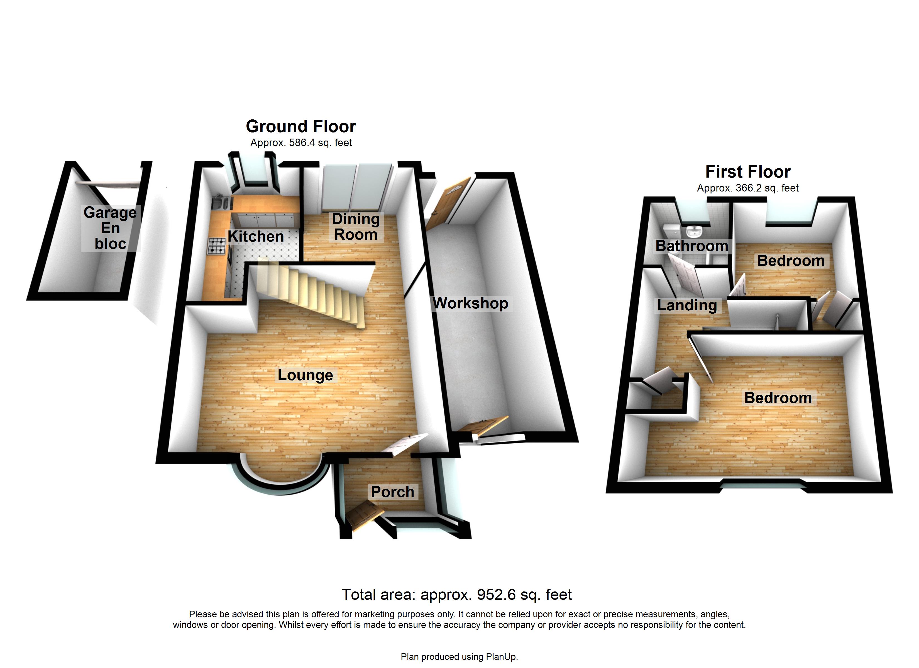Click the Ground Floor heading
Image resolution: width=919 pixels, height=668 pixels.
(x=301, y=126)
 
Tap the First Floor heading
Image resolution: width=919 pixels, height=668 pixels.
(x=748, y=172)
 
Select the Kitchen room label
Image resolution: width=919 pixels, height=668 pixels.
(x=256, y=236)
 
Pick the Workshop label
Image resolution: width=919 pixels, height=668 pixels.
(x=470, y=303)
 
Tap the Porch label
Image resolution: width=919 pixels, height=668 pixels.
(x=392, y=492)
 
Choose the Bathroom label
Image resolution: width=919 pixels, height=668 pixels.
(x=692, y=245)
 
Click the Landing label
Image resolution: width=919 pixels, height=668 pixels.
(x=687, y=305)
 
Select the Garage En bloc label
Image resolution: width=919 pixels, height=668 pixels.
(x=110, y=228)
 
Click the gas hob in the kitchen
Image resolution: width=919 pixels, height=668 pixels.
(x=216, y=246)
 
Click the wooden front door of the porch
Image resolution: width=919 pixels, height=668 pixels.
(x=365, y=515)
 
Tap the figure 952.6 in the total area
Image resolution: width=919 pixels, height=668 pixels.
(x=496, y=595)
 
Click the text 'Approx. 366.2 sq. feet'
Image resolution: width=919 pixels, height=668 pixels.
(x=748, y=188)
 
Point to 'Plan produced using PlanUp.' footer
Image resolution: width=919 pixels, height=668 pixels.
(x=459, y=657)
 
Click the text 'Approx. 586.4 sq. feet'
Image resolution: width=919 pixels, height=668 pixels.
(x=301, y=143)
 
